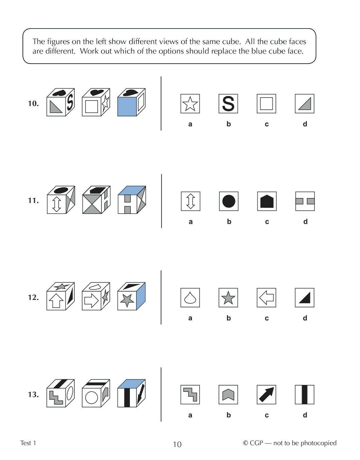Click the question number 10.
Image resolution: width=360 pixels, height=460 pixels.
point(33,103)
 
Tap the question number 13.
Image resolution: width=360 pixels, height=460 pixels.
point(33,394)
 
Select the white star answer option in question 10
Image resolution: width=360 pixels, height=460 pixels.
point(190,103)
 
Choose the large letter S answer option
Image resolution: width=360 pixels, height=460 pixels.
point(228,103)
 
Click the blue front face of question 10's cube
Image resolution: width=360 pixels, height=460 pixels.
point(127,107)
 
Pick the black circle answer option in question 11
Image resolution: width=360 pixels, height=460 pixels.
point(229,201)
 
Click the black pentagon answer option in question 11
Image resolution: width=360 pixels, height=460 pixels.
point(267,201)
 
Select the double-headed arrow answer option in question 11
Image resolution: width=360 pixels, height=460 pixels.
point(190,201)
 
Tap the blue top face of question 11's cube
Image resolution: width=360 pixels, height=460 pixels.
point(132,191)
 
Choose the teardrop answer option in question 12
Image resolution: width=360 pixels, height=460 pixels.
point(190,298)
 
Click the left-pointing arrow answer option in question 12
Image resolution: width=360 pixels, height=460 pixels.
point(266,298)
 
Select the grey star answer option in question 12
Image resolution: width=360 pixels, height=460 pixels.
point(228,298)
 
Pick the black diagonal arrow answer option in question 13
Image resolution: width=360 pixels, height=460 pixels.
point(266,394)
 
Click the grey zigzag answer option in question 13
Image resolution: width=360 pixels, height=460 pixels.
point(190,394)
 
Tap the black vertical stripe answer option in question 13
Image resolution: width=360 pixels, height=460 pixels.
point(304,394)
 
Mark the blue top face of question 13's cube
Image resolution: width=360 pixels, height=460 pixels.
point(131,384)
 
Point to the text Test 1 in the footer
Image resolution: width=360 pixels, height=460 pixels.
point(28,443)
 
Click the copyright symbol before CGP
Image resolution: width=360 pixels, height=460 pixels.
point(245,443)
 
